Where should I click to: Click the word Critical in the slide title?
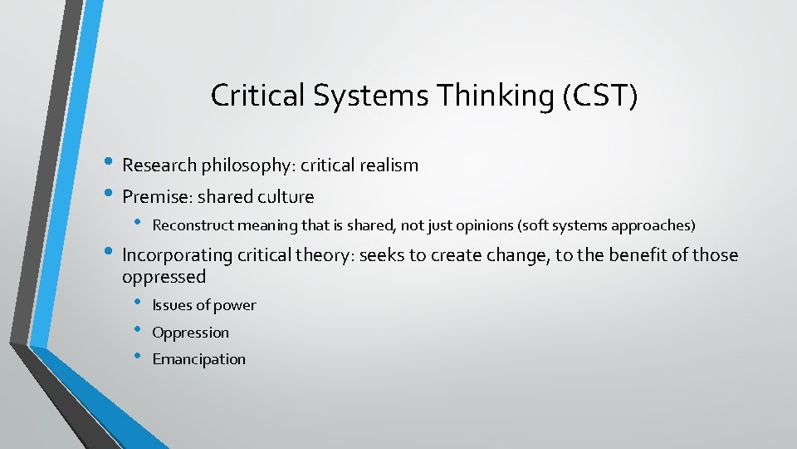(x=257, y=96)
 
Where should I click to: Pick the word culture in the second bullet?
(x=286, y=197)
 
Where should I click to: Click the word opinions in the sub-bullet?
(x=467, y=225)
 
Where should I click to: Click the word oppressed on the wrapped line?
(x=164, y=276)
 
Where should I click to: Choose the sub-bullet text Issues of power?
(x=204, y=305)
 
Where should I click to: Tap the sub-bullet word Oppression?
(x=190, y=333)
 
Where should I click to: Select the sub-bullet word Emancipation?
(x=199, y=359)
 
